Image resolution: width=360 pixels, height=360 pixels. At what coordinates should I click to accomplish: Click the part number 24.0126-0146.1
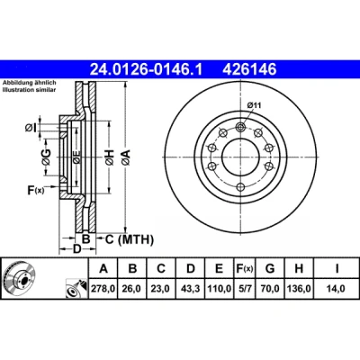point(147,69)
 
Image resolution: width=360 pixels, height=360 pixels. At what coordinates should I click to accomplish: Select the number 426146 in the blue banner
point(249,69)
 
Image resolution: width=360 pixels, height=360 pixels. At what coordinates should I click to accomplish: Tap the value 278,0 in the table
point(103,289)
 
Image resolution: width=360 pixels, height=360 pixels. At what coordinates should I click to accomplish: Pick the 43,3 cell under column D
point(190,289)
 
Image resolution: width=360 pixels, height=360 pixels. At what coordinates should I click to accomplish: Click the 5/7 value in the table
point(245,289)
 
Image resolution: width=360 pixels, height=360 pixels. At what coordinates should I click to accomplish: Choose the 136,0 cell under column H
point(299,289)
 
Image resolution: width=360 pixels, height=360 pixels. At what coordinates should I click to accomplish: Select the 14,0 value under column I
point(337,289)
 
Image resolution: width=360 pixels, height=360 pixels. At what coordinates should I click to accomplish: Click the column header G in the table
point(270,268)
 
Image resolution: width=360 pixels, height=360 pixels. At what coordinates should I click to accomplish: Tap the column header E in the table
point(220,268)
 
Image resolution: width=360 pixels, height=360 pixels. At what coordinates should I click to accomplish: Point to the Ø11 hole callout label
point(254,105)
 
